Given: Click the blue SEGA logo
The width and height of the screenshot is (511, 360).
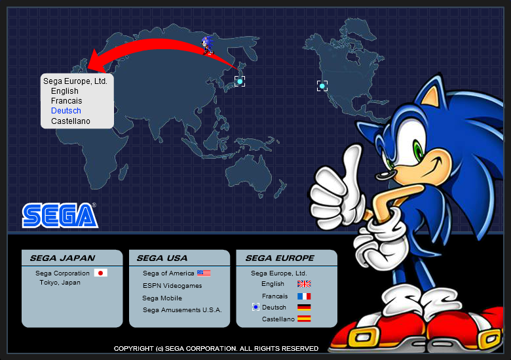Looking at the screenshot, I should (x=60, y=215).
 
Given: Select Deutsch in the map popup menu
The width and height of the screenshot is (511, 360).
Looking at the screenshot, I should (x=66, y=111).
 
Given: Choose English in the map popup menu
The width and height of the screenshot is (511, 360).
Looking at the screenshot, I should (x=65, y=91).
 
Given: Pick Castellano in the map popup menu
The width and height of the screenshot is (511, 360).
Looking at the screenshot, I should (x=71, y=121).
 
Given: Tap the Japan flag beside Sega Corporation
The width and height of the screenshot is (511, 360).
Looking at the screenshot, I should (x=100, y=273).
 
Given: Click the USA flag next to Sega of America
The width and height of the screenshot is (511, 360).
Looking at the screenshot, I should (x=204, y=273).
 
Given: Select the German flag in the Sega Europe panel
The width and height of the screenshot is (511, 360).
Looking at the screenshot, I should (x=304, y=307).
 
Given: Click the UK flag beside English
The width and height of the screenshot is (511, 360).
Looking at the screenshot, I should (x=304, y=284).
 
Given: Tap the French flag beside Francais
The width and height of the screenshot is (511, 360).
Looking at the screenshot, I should (x=304, y=296).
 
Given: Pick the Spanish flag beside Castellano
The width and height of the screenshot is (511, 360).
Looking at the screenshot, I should (x=304, y=319).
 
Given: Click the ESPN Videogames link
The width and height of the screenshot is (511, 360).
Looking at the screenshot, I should (x=172, y=286).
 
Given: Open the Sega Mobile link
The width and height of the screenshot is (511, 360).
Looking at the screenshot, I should (x=162, y=298).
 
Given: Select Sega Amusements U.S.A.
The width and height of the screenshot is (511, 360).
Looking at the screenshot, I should (x=182, y=310).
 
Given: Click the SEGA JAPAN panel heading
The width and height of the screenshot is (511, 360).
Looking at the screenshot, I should (x=62, y=258).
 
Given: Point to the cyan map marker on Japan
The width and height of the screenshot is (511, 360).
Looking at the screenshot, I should (x=240, y=81).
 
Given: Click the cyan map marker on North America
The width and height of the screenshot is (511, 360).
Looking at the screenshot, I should (x=322, y=86).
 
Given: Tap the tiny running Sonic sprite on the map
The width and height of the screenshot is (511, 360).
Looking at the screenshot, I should (x=208, y=45).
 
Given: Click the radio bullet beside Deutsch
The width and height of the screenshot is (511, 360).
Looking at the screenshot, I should (x=255, y=307).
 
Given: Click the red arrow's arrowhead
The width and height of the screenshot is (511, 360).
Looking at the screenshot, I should (x=96, y=60).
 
